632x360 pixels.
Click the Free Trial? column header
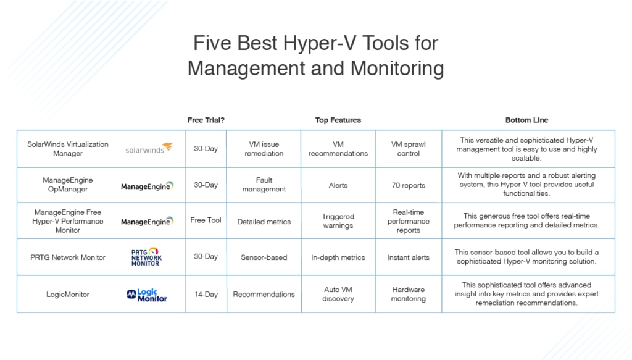206,120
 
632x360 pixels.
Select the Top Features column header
338,120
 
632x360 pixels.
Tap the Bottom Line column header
526,120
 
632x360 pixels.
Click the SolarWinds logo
149,148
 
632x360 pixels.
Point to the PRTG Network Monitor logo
146,257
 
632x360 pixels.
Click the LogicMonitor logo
147,295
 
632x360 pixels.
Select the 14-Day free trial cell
206,295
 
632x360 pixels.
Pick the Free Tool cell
206,220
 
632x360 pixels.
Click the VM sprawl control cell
409,149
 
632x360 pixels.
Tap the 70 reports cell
409,185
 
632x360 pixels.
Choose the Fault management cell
264,185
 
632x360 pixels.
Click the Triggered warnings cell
338,221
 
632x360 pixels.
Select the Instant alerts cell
409,257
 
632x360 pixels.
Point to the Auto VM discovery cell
338,294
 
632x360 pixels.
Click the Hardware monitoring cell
409,294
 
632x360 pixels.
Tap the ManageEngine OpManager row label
68,185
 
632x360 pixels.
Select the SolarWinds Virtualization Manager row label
68,149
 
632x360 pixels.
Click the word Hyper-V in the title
319,43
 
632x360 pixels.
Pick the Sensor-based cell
264,257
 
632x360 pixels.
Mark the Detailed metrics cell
264,222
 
